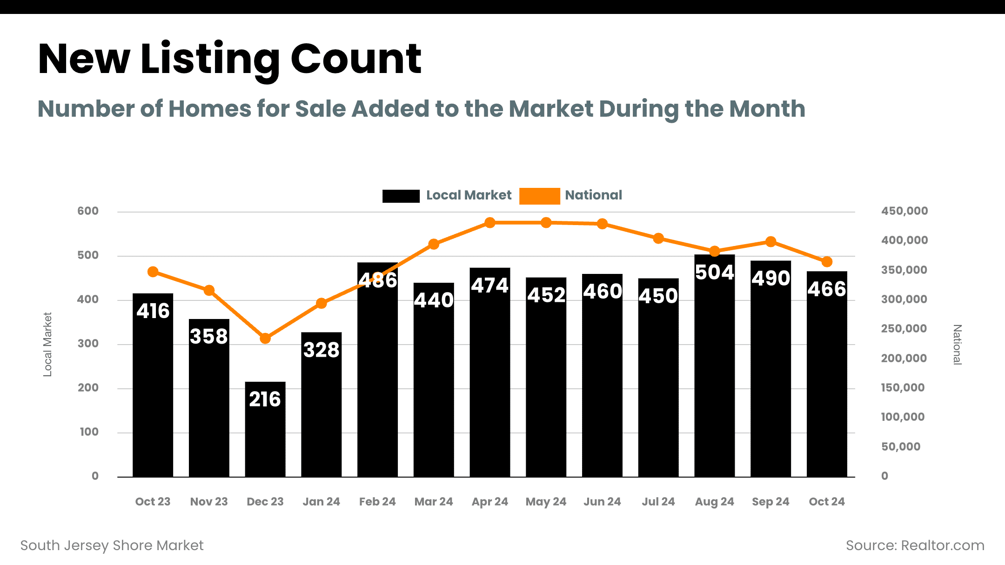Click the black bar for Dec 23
pyautogui.click(x=265, y=437)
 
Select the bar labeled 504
pyautogui.click(x=714, y=372)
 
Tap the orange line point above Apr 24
pyautogui.click(x=489, y=223)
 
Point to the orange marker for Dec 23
pyautogui.click(x=265, y=338)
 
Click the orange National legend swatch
pyautogui.click(x=539, y=196)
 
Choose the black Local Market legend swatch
pyautogui.click(x=401, y=196)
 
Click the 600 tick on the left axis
pyautogui.click(x=88, y=211)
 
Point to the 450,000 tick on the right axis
pyautogui.click(x=904, y=211)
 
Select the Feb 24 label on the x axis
pyautogui.click(x=377, y=502)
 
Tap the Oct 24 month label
pyautogui.click(x=826, y=502)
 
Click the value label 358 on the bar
pyautogui.click(x=209, y=336)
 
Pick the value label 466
pyautogui.click(x=826, y=289)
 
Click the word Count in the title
pyautogui.click(x=356, y=59)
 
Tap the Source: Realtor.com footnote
pyautogui.click(x=915, y=545)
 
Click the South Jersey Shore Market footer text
pyautogui.click(x=112, y=545)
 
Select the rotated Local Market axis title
pyautogui.click(x=47, y=344)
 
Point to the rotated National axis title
pyautogui.click(x=957, y=345)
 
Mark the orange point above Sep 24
pyautogui.click(x=770, y=242)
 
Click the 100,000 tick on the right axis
pyautogui.click(x=903, y=417)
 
